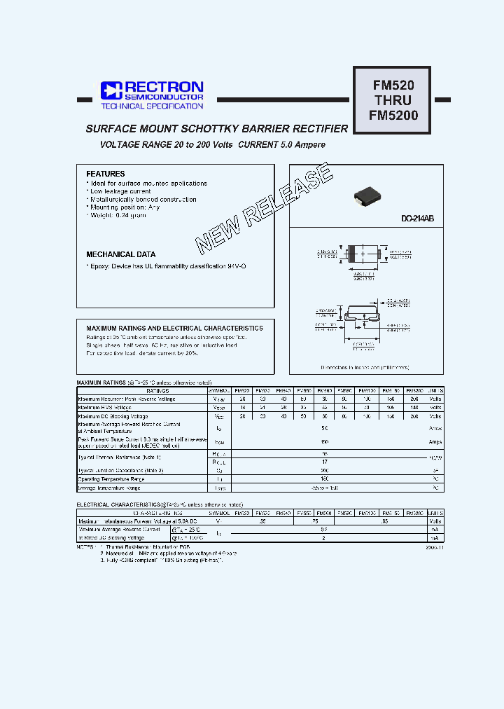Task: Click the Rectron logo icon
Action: tap(111, 90)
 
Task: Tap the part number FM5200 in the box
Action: tap(393, 115)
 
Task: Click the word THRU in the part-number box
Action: tap(393, 100)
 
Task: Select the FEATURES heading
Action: tap(105, 174)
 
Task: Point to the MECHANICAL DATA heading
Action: tap(120, 254)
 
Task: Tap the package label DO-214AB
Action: tap(417, 219)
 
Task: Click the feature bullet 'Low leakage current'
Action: tap(120, 191)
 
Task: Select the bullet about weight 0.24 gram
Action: tap(118, 216)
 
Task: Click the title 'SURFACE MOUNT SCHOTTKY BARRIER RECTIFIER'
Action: tap(216, 129)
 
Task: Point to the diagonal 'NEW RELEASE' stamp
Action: tap(264, 208)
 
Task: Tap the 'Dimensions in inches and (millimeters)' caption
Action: tap(365, 367)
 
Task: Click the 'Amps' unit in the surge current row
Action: tap(435, 443)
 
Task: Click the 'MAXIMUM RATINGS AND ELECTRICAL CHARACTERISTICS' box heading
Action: tap(174, 328)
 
